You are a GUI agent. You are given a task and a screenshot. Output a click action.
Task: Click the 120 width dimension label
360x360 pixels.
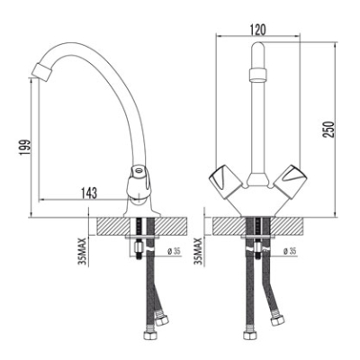(257, 30)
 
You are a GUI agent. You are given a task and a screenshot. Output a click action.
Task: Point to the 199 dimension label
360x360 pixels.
(24, 147)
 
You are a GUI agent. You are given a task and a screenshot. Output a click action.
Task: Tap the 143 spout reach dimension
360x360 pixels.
(88, 193)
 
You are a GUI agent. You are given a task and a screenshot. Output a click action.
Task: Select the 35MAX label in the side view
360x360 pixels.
(82, 251)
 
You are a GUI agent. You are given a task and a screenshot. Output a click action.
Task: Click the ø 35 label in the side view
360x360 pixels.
(174, 251)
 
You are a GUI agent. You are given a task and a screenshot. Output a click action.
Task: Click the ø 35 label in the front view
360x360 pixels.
(289, 251)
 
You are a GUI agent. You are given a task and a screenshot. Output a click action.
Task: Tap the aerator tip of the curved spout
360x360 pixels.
(41, 71)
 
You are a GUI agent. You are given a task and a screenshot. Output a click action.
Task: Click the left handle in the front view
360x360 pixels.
(225, 181)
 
